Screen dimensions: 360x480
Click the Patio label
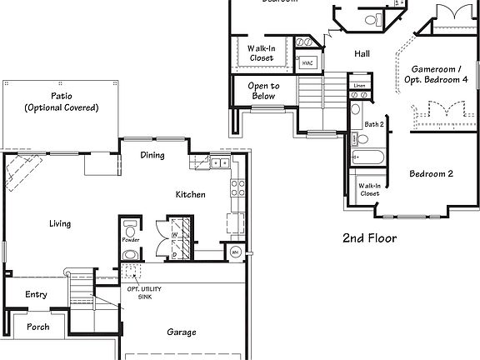coord(61,102)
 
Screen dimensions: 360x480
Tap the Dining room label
coord(152,155)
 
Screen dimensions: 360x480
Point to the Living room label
coord(59,223)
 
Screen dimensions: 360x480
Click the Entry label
coord(36,294)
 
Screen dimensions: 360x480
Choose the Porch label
coord(37,327)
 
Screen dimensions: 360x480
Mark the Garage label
coord(181,332)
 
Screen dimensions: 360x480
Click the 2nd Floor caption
coord(369,238)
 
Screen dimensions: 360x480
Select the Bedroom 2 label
coord(431,174)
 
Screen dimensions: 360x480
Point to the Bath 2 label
coord(374,124)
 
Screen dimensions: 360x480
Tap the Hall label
coord(362,53)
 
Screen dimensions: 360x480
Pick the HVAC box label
coord(307,62)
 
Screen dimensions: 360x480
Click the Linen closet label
coord(359,85)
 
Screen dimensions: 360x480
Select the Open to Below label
coord(264,91)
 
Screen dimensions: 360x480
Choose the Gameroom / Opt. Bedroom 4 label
coord(440,72)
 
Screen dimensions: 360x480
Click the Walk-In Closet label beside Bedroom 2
coord(369,188)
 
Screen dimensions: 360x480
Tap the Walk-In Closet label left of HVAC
coord(261,53)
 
